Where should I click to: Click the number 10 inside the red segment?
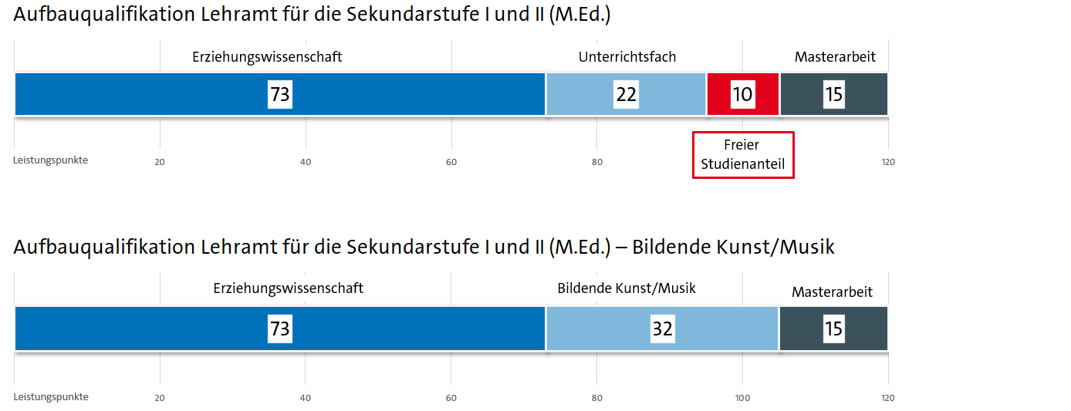coord(742,94)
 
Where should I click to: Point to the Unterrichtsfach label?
coord(627,57)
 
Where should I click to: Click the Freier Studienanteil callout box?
coord(742,154)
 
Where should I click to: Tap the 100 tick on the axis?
coord(742,398)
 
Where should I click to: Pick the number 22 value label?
coord(626,94)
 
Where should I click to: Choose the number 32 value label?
coord(662,328)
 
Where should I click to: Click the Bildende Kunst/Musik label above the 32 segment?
coord(627,288)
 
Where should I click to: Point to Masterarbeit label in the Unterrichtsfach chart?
coord(835,57)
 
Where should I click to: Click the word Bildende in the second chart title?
coord(672,248)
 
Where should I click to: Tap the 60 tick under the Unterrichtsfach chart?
coord(451,162)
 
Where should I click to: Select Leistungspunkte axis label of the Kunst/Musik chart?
coord(51,397)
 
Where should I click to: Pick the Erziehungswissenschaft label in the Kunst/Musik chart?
coord(288,288)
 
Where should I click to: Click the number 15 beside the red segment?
coord(833,94)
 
